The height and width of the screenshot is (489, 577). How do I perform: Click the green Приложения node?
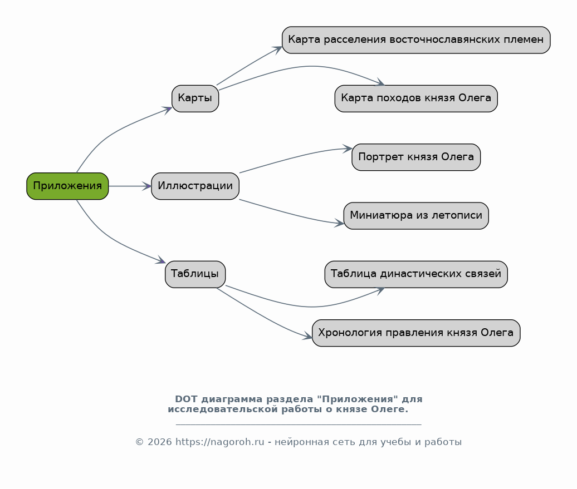click(x=67, y=186)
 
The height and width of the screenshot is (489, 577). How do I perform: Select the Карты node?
click(x=195, y=98)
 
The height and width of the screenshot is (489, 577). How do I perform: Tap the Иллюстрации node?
click(x=195, y=186)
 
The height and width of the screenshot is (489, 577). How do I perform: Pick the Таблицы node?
click(x=195, y=274)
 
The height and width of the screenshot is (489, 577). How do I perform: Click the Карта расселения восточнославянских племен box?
click(x=416, y=40)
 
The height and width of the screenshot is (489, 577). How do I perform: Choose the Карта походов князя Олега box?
click(x=416, y=98)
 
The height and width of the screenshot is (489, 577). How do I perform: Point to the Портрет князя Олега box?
click(x=416, y=157)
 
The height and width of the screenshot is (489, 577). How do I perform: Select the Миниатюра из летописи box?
click(x=416, y=215)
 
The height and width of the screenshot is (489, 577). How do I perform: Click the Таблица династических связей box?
click(x=416, y=274)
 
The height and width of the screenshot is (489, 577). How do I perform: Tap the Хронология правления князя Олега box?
click(x=416, y=333)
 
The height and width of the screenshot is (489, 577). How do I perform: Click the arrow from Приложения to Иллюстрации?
click(x=130, y=186)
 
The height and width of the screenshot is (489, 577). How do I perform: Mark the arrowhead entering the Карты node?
click(x=168, y=110)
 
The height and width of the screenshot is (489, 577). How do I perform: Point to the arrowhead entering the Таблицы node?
click(x=161, y=260)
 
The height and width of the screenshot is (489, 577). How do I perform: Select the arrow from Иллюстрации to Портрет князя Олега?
click(x=295, y=156)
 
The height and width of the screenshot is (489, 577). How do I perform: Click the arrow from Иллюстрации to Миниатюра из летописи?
click(x=291, y=214)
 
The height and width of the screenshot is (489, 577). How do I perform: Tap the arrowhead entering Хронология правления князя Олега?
click(x=307, y=335)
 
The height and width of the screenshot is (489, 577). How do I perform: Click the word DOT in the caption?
click(x=186, y=399)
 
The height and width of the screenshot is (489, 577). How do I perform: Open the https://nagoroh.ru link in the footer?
click(x=219, y=442)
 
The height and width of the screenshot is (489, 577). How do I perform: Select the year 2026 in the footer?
click(x=160, y=442)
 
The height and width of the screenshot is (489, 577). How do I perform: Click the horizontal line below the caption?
click(x=299, y=424)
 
